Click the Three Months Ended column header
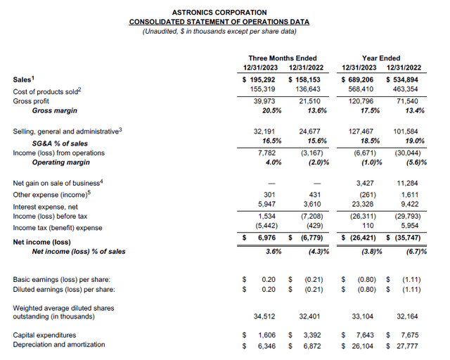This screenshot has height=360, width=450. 283,58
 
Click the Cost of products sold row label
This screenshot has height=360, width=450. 48,90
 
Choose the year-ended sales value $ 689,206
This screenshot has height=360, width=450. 356,80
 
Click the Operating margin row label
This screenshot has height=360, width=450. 61,162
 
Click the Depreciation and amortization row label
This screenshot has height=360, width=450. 59,345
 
